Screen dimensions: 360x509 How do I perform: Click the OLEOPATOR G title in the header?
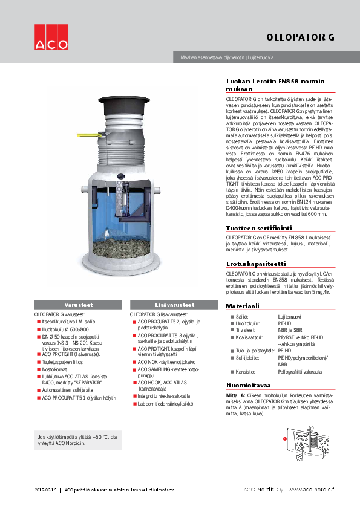300,37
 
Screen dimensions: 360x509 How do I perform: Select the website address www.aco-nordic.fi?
311,489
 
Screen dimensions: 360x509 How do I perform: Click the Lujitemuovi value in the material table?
290,316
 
